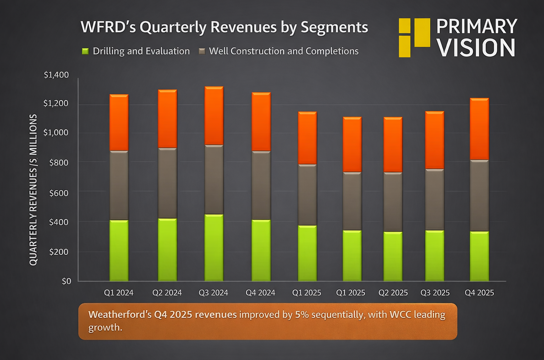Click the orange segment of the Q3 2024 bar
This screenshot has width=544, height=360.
pos(214,116)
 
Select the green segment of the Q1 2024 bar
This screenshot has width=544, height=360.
pos(119,250)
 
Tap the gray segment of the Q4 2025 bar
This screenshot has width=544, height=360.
pos(479,196)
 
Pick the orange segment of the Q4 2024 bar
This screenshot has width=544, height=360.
pos(261,122)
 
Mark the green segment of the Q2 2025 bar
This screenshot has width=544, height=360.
pos(393,256)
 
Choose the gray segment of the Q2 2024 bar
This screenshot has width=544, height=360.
pos(167,183)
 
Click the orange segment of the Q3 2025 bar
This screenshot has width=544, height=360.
pos(435,140)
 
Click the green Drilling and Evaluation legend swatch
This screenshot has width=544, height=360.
pos(85,51)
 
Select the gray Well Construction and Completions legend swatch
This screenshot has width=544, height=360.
pos(202,51)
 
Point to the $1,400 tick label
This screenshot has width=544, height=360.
pos(56,75)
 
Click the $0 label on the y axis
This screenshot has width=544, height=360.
pos(66,281)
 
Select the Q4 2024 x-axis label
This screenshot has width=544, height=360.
pos(260,293)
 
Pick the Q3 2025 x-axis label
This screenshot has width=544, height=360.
pos(435,293)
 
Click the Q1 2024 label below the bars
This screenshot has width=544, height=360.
pos(119,293)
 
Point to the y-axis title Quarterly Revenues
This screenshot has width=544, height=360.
pos(33,190)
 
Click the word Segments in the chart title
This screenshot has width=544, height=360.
pos(334,27)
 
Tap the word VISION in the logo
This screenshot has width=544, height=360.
pos(476,48)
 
